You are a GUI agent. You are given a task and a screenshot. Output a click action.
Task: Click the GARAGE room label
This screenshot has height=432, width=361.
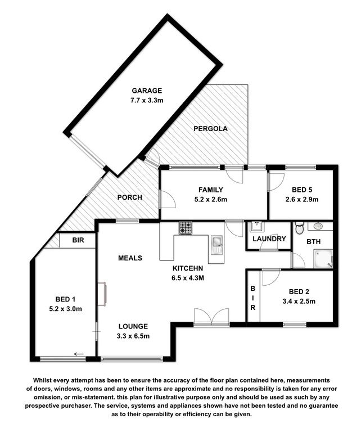click(x=147, y=91)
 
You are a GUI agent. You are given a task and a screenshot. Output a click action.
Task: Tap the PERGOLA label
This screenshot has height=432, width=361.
click(x=210, y=129)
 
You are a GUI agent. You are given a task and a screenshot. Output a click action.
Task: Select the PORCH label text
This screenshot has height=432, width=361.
click(x=130, y=197)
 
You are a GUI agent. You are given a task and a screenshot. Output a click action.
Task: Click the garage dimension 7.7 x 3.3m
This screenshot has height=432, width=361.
click(x=147, y=100)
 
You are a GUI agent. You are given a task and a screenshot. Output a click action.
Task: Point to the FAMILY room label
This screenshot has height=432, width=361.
click(x=211, y=190)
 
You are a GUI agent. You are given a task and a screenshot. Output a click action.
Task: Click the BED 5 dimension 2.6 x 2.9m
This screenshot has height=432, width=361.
click(x=302, y=199)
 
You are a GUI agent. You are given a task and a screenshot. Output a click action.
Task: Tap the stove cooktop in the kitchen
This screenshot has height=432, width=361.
click(x=186, y=228)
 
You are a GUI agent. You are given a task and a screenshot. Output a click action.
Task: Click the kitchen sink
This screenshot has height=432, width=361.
click(x=216, y=244)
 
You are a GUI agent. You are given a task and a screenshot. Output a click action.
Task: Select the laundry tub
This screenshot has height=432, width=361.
click(x=256, y=227)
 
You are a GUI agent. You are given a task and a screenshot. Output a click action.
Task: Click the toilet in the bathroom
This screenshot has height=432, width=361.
click(x=299, y=228)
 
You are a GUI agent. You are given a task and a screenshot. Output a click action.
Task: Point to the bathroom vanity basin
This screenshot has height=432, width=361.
click(x=318, y=226)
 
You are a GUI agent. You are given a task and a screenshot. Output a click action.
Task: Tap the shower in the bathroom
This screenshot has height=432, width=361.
click(x=323, y=259)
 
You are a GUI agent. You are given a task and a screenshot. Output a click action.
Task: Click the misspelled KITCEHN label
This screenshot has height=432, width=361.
click(x=187, y=268)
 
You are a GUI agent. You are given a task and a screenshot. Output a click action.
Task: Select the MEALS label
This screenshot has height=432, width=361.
click(x=130, y=258)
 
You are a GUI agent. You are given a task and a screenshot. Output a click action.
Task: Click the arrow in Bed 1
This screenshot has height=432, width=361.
click(x=79, y=354)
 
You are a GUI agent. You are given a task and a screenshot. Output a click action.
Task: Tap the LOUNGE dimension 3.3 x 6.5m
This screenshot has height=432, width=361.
click(x=133, y=336)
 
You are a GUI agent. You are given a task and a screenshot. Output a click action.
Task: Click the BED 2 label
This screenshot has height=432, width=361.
click(x=299, y=291)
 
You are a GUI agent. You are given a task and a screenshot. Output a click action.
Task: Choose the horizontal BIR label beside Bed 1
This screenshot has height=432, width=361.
click(x=78, y=240)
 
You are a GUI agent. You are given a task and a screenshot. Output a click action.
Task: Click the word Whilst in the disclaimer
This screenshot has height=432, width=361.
click(x=41, y=380)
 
